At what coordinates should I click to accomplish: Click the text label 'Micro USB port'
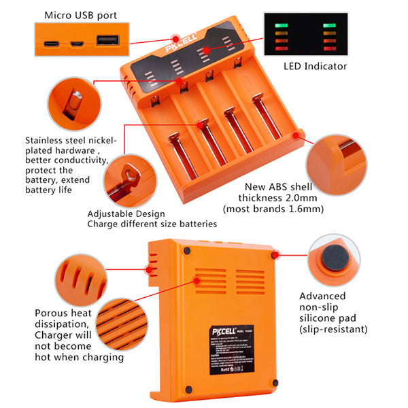[x=80, y=14]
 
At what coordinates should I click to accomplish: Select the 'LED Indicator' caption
[x=315, y=66]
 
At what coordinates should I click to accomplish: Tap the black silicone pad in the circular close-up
[x=333, y=260]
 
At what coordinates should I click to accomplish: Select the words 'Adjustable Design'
[x=126, y=213]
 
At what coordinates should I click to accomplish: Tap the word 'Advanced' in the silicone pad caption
[x=322, y=296]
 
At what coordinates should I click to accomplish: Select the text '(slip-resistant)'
[x=334, y=328]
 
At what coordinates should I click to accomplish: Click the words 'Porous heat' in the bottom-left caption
[x=63, y=313]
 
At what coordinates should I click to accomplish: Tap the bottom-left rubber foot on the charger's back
[x=188, y=390]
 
